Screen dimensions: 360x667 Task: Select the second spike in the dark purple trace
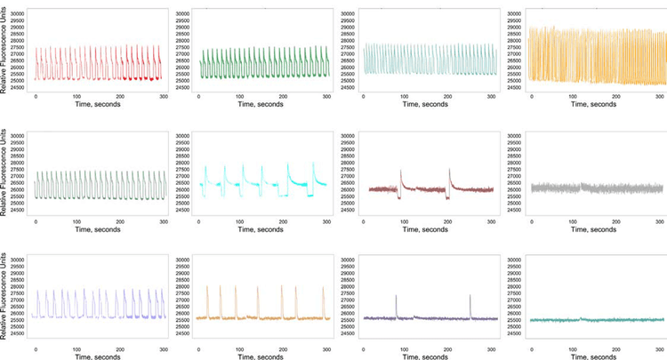point(470,296)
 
